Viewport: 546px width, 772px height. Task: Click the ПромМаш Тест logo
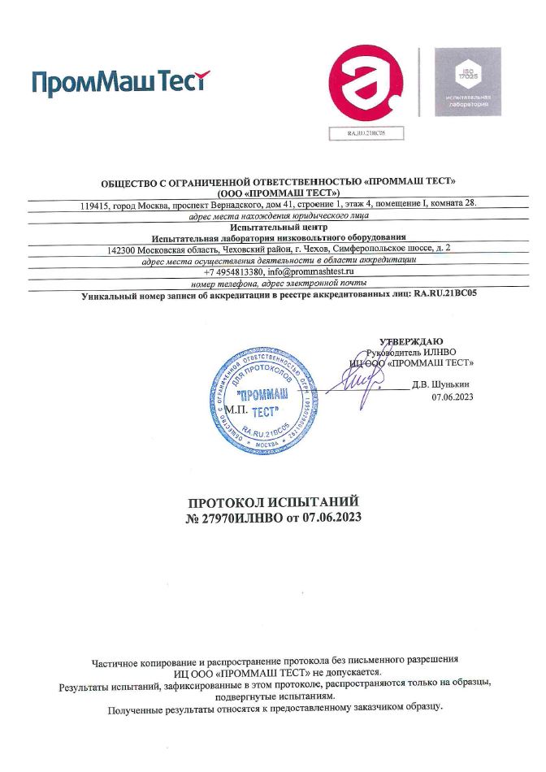click(x=120, y=82)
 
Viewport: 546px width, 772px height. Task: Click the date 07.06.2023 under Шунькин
click(x=453, y=397)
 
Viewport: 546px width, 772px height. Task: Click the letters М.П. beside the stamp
click(x=235, y=410)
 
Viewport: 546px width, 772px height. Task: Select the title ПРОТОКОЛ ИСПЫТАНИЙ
click(x=273, y=502)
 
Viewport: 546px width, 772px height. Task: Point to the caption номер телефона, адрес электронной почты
click(x=279, y=284)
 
